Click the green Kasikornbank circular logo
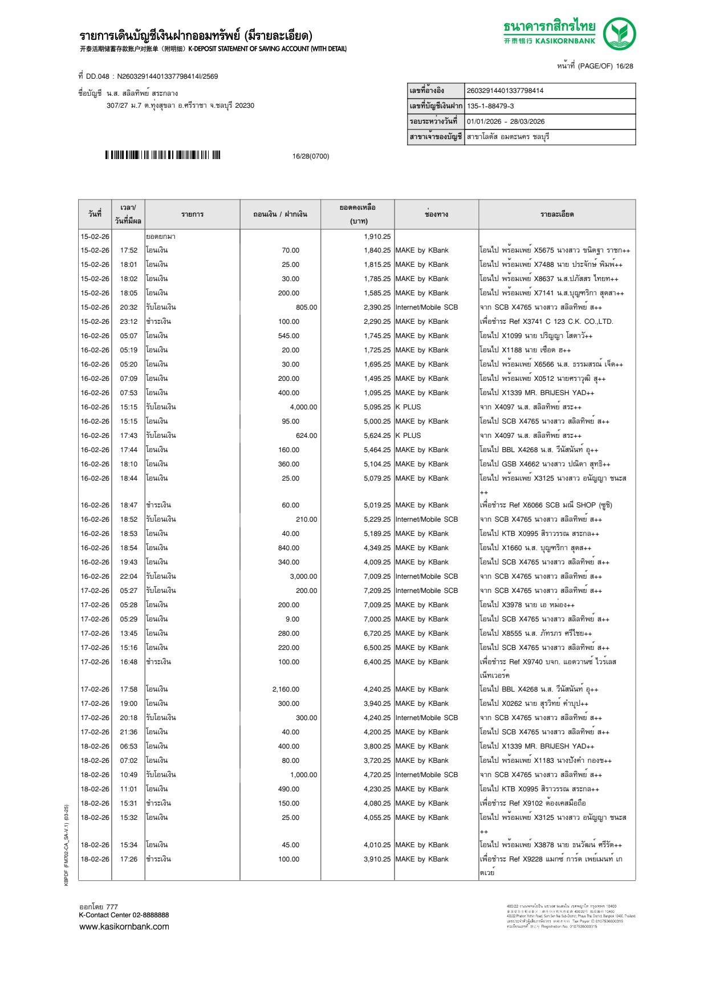619,33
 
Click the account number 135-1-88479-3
490,106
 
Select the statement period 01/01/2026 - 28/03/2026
505,121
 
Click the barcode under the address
162,155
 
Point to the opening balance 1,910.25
377,237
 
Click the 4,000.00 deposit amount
303,407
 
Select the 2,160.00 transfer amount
286,689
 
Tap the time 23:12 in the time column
128,322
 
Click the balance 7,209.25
377,591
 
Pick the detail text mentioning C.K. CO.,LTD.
546,322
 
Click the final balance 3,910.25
377,859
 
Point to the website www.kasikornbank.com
124,926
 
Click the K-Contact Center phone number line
124,915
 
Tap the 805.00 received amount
306,307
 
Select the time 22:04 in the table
128,576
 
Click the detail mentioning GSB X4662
545,464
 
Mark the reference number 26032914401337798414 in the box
505,91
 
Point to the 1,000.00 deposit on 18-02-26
303,775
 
